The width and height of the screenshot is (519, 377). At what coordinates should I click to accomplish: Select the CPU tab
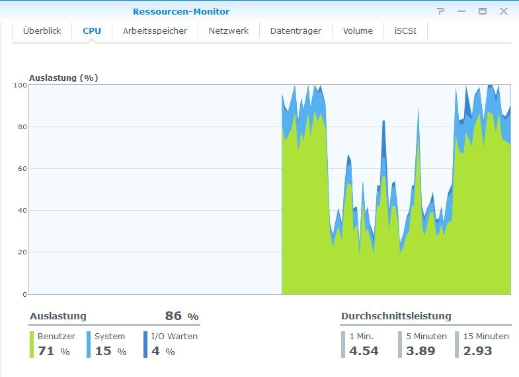click(91, 30)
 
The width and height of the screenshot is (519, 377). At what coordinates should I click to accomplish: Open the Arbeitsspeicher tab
click(155, 30)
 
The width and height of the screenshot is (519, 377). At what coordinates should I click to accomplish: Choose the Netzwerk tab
click(229, 30)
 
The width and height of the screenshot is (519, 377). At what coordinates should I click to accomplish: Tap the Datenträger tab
click(296, 30)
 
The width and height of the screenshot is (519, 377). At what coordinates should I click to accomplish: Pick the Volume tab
click(358, 30)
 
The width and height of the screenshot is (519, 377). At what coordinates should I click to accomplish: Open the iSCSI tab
click(405, 30)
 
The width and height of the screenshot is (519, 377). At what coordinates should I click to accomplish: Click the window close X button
click(504, 11)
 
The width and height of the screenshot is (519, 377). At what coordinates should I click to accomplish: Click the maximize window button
click(483, 11)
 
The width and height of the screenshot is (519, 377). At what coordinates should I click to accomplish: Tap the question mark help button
click(441, 11)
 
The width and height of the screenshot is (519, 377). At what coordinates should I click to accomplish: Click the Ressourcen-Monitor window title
click(181, 11)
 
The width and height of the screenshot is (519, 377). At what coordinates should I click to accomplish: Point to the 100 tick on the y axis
click(20, 85)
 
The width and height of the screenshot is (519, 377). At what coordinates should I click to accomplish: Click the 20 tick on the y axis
click(22, 252)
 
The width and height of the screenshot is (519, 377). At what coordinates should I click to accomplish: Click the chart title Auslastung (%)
click(63, 78)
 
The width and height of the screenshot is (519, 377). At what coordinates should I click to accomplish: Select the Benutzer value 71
click(46, 351)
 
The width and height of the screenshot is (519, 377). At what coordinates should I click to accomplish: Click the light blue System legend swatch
click(89, 345)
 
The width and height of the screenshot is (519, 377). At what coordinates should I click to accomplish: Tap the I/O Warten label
click(175, 336)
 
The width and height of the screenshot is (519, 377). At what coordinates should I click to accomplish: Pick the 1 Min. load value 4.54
click(364, 351)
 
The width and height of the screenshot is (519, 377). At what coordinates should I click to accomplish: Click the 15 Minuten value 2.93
click(477, 351)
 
